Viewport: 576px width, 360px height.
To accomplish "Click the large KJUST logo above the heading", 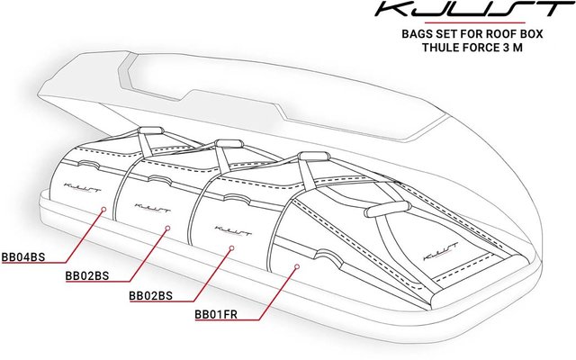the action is (474, 9).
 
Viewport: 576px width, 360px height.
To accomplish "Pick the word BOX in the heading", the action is (530, 34).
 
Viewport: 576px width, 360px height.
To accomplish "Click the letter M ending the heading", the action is (517, 48).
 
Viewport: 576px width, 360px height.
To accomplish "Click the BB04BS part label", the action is (23, 256).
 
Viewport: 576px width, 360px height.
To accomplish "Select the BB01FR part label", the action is (216, 314).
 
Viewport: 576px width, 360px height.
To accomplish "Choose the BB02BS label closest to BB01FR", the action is (150, 296).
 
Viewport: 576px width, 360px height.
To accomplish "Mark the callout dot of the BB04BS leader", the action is (103, 209).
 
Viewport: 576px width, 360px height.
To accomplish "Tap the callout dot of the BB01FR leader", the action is (297, 266).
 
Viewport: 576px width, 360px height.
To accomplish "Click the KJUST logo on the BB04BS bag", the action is (82, 187).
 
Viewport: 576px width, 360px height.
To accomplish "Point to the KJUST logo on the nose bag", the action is (441, 251).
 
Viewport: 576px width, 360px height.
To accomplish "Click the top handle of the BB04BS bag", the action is (150, 130).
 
